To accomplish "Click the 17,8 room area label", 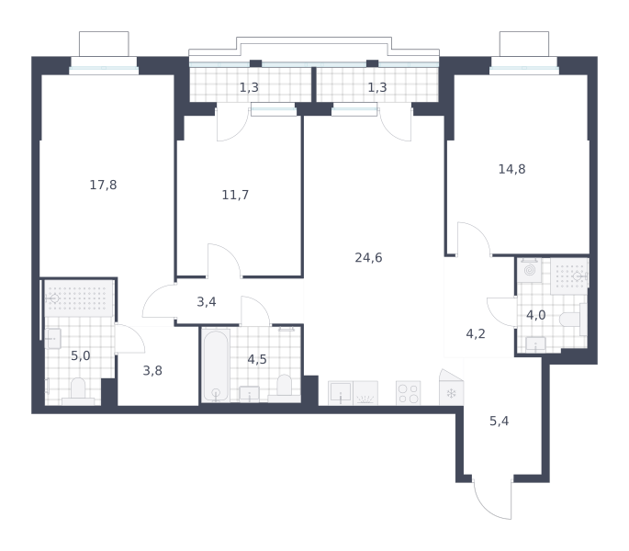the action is tap(103, 185).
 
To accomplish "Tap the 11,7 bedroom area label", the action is tap(235, 195).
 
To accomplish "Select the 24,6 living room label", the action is tap(368, 258).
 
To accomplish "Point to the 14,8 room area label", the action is tap(511, 169).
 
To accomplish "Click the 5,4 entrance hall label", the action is tap(499, 421).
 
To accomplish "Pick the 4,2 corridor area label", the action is tap(476, 334).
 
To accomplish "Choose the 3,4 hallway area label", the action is tap(207, 302).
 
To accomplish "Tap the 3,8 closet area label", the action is tap(152, 371).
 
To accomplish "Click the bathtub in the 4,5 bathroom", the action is tap(216, 365).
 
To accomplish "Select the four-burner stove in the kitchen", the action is tap(409, 393).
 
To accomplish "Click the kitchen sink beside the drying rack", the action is tap(341, 393).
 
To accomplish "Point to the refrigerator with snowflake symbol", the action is tap(451, 388).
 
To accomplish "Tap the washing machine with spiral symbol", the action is tap(530, 270).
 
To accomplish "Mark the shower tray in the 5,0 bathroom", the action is tap(79, 298).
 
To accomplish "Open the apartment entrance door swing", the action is tap(492, 499).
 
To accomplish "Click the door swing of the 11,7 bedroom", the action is tap(224, 261).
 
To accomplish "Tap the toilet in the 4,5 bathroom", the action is tap(284, 388).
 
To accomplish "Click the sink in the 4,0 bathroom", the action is tap(535, 344).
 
